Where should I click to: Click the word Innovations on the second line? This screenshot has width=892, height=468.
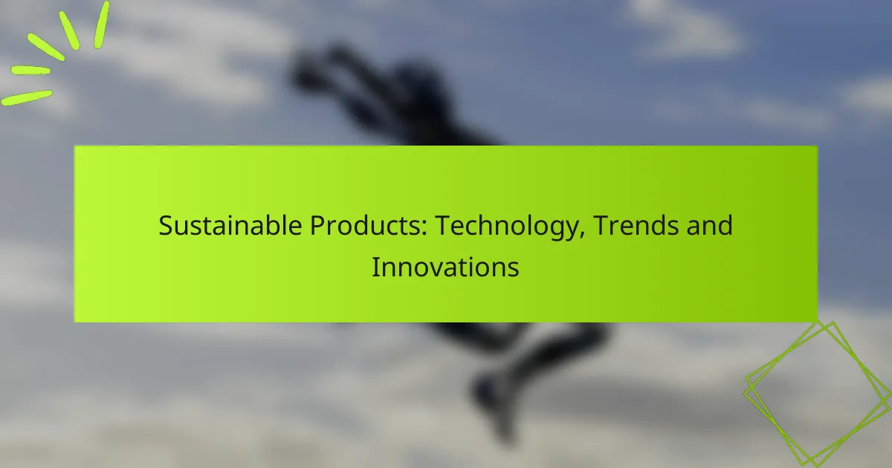[x=445, y=266]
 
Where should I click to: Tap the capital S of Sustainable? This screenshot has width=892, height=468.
[x=165, y=225]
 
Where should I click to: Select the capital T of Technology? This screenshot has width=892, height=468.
[x=441, y=225]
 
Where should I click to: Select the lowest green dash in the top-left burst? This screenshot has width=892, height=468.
[x=27, y=97]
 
